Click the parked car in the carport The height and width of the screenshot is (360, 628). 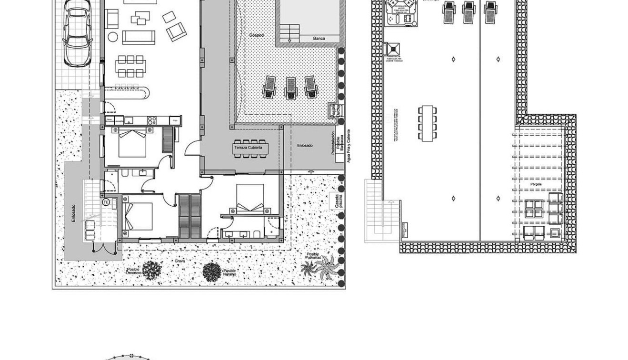click(78, 32)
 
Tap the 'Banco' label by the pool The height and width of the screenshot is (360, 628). click(319, 39)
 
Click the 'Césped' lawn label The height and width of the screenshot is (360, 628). click(256, 35)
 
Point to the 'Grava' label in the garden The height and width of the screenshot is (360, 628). click(179, 261)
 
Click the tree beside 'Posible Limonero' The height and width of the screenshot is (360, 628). click(152, 270)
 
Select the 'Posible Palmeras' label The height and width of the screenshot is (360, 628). click(313, 256)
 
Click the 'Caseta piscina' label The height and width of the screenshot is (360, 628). click(338, 200)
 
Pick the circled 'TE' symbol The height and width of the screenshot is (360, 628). click(106, 202)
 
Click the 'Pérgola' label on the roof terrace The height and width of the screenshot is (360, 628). click(536, 184)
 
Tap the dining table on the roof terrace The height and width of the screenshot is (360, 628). click(427, 123)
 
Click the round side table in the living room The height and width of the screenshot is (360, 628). click(113, 37)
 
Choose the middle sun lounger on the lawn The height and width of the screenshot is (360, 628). click(290, 88)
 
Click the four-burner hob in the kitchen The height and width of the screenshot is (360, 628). click(151, 120)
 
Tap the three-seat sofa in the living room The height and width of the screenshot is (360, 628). click(139, 37)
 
